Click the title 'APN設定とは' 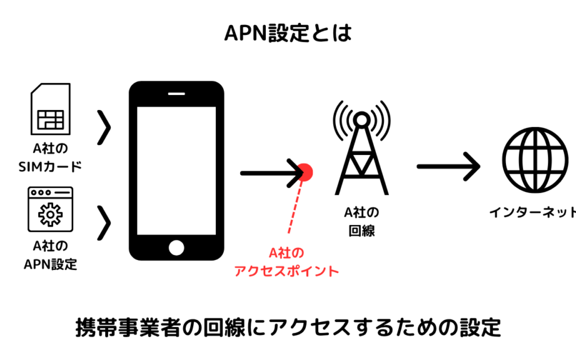[x=288, y=33]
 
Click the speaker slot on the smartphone [x=176, y=95]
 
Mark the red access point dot [x=305, y=171]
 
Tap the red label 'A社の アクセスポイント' [x=286, y=262]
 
